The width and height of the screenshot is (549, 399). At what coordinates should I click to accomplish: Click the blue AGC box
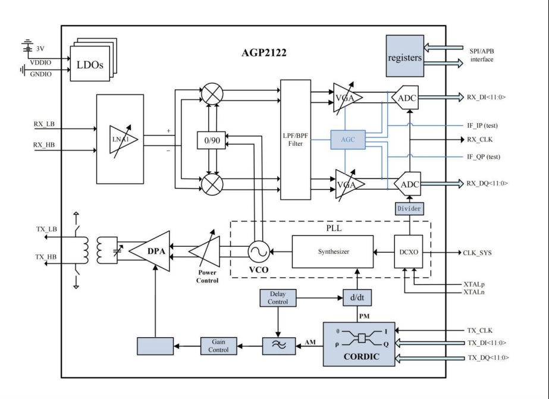[347, 139]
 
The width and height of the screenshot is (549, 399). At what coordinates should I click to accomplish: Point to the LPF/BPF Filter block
[296, 140]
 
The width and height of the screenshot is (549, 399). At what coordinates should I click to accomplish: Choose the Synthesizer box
[332, 252]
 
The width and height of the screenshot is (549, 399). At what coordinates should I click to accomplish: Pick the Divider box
[409, 209]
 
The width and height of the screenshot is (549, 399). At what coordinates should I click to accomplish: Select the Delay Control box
[278, 298]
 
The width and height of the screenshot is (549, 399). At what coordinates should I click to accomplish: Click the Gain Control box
[218, 346]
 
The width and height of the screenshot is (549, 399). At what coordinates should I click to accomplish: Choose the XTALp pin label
[473, 284]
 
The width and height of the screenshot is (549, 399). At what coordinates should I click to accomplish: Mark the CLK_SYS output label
[477, 253]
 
